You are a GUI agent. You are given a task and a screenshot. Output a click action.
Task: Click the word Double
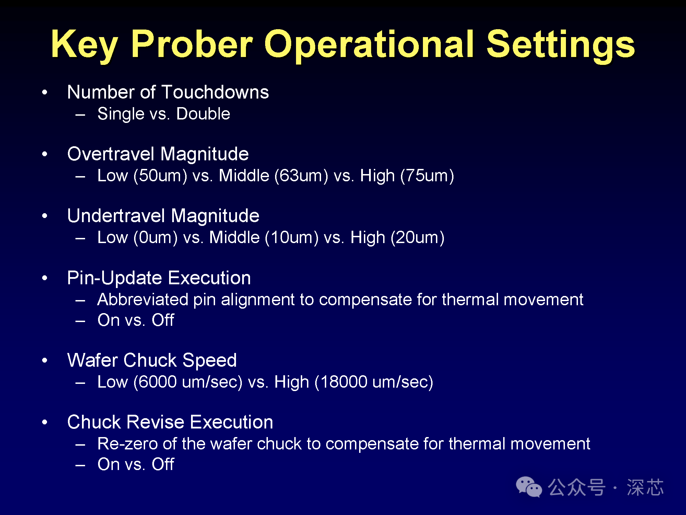tap(203, 114)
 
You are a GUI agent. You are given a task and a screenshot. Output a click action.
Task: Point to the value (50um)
tap(160, 176)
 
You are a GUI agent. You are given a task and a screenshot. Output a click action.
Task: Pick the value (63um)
tap(301, 176)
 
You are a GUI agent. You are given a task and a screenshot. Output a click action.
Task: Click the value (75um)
tap(427, 176)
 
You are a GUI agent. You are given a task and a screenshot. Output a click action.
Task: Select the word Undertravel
tap(116, 216)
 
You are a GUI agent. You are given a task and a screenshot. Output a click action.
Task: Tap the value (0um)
tap(155, 238)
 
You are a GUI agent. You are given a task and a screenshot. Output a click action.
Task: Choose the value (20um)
tap(417, 238)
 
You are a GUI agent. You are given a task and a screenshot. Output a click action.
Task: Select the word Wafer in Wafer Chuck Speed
tap(93, 360)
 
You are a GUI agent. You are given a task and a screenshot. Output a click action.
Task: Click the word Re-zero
tap(128, 444)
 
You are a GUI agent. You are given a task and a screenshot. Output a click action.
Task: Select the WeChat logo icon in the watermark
tap(529, 487)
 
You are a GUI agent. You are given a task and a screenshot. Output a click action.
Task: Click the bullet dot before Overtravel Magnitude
tap(45, 154)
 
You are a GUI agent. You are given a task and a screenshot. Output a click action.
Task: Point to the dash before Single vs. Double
tap(80, 115)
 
